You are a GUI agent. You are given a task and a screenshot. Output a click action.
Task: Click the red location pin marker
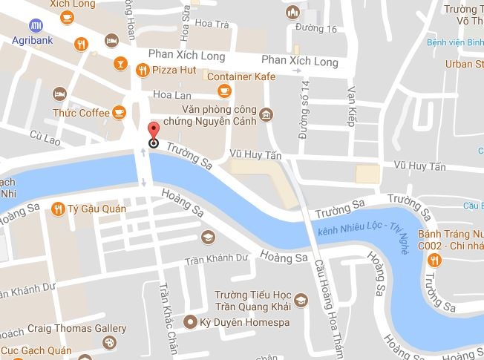[x=154, y=131]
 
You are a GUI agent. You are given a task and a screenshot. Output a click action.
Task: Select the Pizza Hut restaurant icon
[x=142, y=71]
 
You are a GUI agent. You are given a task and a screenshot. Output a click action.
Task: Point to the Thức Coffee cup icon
[x=119, y=112]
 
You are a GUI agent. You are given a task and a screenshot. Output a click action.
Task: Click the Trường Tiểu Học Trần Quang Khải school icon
[x=300, y=301]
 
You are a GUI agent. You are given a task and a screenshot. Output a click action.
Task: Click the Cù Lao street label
[x=44, y=135]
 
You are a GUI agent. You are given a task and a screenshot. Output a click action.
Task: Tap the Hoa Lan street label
[x=172, y=95]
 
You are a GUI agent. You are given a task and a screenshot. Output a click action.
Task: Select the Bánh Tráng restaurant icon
[x=436, y=259]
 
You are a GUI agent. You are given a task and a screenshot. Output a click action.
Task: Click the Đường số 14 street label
[x=303, y=110]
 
